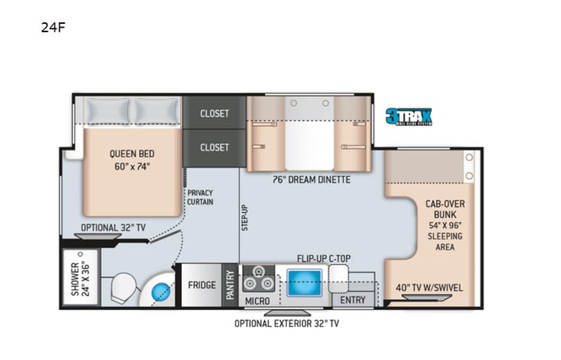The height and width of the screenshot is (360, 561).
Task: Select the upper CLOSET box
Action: tap(214, 113)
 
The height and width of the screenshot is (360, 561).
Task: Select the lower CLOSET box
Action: tap(214, 147)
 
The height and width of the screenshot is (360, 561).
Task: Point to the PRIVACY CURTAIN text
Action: tap(200, 197)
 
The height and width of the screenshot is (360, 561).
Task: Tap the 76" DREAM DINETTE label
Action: tap(312, 180)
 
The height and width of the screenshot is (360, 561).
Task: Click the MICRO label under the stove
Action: tap(257, 301)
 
